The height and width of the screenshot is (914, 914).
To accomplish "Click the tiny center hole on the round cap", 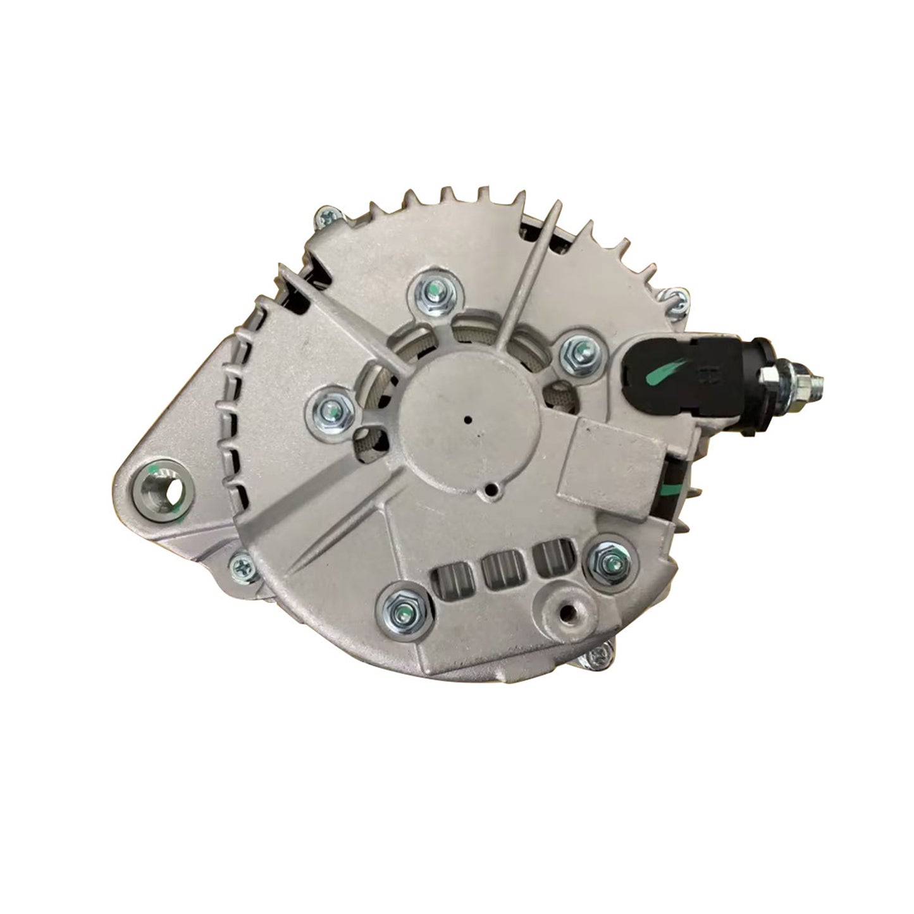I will coord(467,418).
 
